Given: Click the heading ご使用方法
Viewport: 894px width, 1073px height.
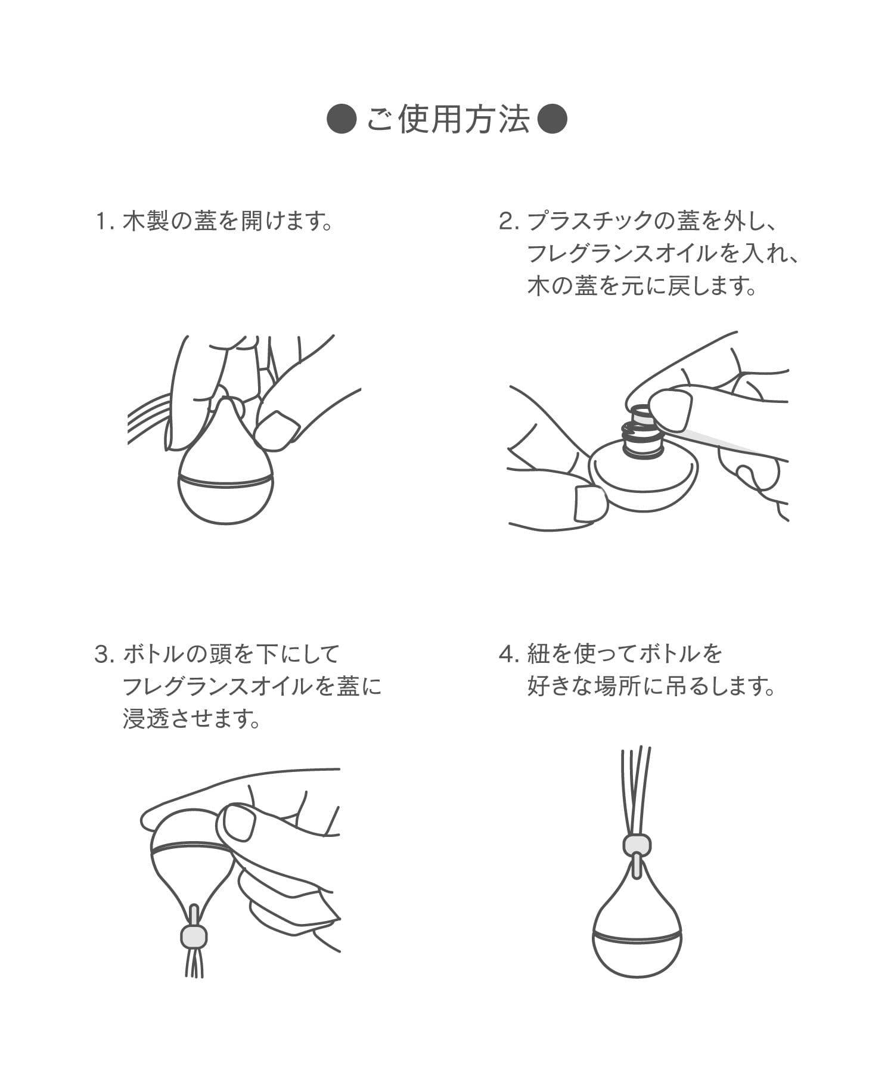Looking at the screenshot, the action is [x=448, y=121].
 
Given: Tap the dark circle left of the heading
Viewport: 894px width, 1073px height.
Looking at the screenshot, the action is [x=342, y=121].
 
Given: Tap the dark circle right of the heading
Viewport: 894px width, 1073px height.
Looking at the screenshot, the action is [x=552, y=121].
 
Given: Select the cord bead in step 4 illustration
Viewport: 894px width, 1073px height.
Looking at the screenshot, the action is [x=637, y=844].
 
